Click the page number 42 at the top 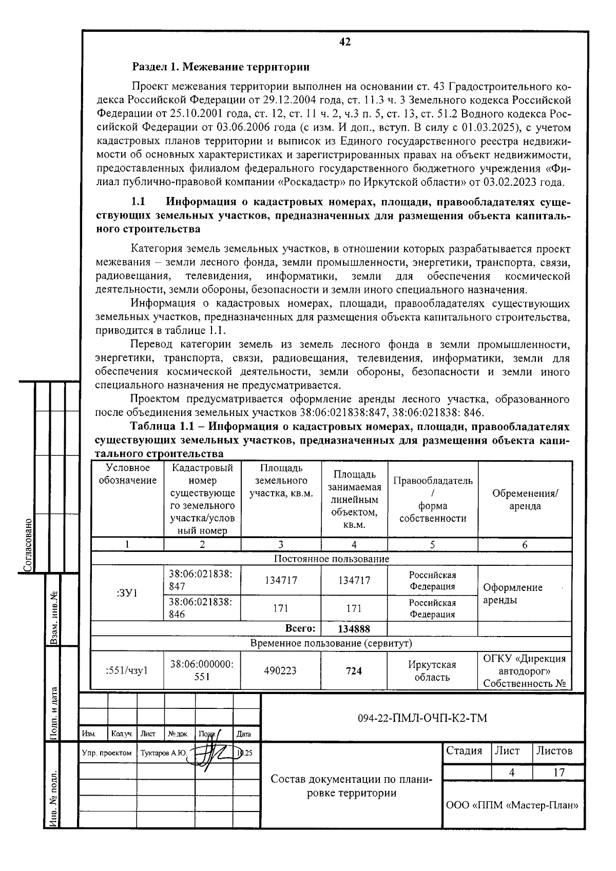[345, 42]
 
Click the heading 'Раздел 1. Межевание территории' [221, 67]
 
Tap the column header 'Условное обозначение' [127, 474]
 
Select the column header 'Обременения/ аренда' [525, 499]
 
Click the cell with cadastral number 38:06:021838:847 [201, 580]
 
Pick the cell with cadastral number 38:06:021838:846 [201, 608]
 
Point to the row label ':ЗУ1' [127, 593]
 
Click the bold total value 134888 [354, 629]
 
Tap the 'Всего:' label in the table [300, 629]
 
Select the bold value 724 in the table [354, 670]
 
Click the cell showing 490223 [280, 670]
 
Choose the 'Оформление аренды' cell [512, 593]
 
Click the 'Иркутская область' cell [432, 670]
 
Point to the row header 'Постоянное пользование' [331, 559]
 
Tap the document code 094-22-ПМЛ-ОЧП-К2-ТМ [422, 718]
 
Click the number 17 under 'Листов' [559, 772]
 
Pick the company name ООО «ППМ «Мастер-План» [512, 805]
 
